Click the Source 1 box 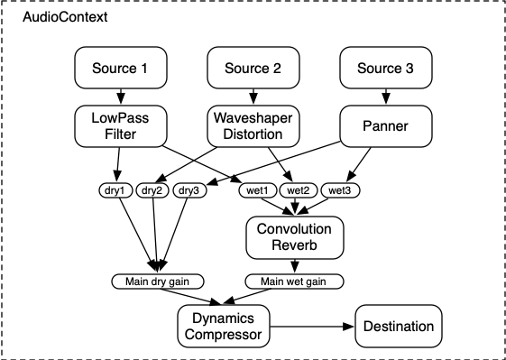[x=119, y=69]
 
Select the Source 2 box [x=253, y=69]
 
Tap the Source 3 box [x=386, y=69]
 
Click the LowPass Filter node [x=119, y=126]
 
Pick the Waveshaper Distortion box [x=253, y=126]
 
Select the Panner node [x=386, y=126]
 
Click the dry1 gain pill [x=115, y=190]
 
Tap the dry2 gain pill [x=153, y=190]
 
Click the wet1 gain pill [x=258, y=190]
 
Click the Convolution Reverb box [x=295, y=237]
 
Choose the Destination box [x=400, y=327]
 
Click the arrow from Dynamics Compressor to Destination [x=317, y=328]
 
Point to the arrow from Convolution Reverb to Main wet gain [x=293, y=266]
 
